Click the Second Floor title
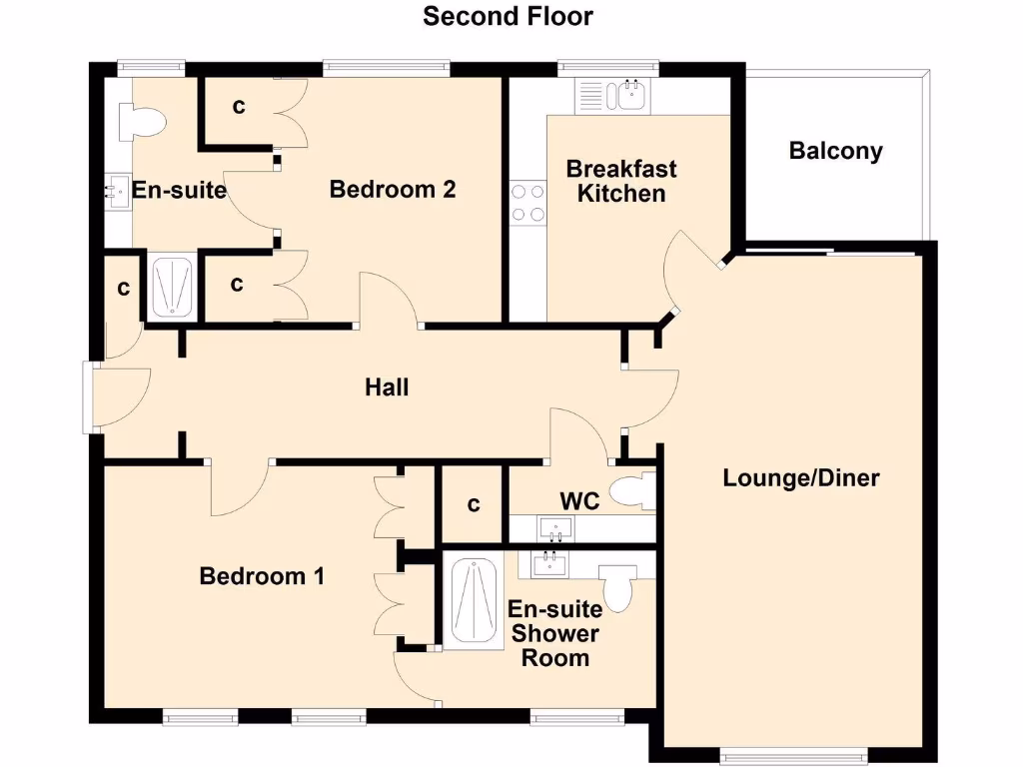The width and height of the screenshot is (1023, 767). [x=508, y=16]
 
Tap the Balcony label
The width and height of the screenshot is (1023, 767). [x=835, y=151]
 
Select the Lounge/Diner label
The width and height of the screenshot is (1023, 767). [x=801, y=478]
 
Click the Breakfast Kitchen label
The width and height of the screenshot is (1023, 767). [x=621, y=181]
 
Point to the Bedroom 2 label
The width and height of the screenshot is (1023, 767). [x=393, y=189]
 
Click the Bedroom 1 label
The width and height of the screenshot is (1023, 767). [x=262, y=576]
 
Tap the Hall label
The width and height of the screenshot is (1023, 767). [x=387, y=386]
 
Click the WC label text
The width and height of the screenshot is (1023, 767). [x=579, y=500]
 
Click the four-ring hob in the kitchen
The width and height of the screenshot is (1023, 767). [x=528, y=202]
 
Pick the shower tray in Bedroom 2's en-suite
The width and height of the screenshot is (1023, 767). [x=172, y=287]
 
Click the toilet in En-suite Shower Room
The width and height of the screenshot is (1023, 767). [x=618, y=587]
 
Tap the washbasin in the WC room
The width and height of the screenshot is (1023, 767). [x=554, y=526]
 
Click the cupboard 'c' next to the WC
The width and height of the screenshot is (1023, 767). [x=474, y=505]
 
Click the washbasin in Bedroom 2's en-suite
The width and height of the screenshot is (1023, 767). [x=115, y=191]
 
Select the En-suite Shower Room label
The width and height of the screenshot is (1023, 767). [x=553, y=633]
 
